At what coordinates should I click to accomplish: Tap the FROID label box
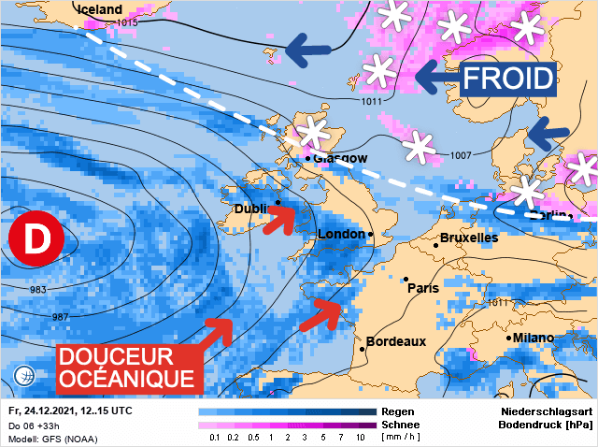point(507,77)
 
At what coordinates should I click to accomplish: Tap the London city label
point(342,234)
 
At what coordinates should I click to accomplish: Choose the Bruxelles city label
point(469,238)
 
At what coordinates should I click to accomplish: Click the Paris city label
point(423,288)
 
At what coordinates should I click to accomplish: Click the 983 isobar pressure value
point(38,290)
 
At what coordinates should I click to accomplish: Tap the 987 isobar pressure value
point(61,318)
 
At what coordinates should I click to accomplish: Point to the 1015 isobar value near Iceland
point(128,22)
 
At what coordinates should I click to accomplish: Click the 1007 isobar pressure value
point(462,155)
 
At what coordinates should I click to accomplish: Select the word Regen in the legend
point(399,411)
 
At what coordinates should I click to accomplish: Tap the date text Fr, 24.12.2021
point(43,411)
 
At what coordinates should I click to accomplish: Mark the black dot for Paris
point(406,279)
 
